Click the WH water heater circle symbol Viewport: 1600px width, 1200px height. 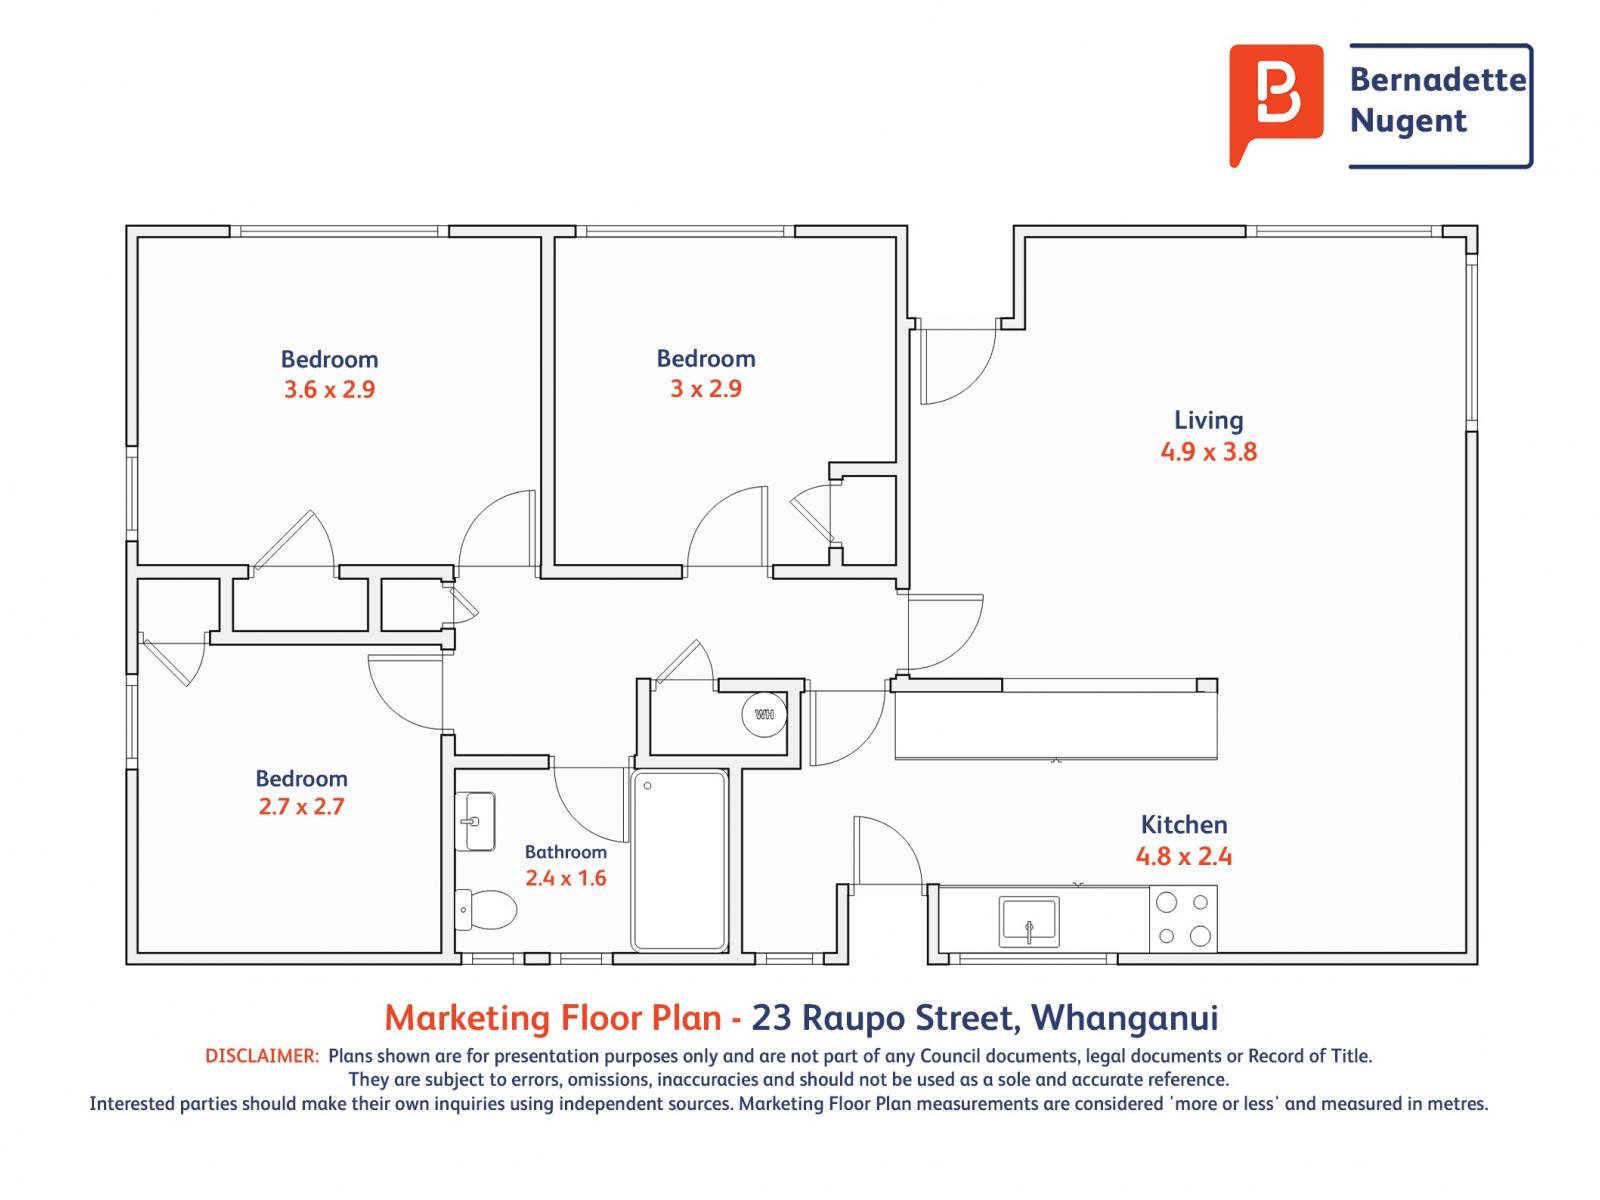coord(763,714)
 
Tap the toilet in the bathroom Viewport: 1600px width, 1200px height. coord(485,909)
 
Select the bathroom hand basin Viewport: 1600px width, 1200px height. coord(475,821)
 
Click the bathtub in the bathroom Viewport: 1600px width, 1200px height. coord(679,860)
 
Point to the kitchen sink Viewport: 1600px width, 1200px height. coord(1029,922)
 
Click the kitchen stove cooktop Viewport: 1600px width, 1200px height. coord(1183,919)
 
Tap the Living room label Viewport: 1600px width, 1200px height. coord(1209,420)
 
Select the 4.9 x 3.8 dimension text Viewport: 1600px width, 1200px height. coord(1209,452)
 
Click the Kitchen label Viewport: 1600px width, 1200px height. coord(1184,824)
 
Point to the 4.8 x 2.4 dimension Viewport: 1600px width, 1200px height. coord(1184,855)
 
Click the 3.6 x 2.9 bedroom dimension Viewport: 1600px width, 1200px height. coord(329,389)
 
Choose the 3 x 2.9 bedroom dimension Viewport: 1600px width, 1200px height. coord(706,388)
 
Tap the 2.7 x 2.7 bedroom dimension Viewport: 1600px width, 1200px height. coord(301,807)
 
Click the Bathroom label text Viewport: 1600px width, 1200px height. coord(566,852)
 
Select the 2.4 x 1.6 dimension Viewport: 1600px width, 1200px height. coord(566,878)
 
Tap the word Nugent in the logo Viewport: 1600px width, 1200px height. coord(1408,121)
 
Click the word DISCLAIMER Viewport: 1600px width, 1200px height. coord(262,1056)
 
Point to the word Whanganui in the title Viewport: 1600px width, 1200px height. coord(1124,1018)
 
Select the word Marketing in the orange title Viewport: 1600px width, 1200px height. coord(467,1019)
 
